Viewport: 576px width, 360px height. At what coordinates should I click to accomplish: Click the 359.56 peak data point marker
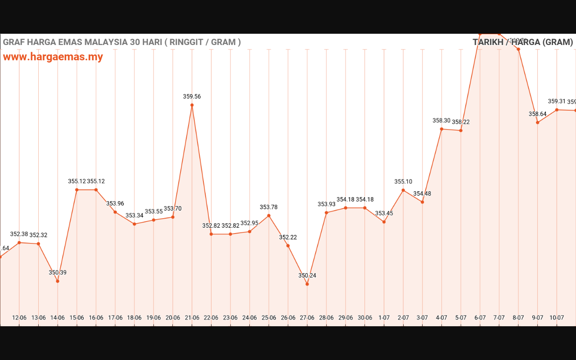pyautogui.click(x=192, y=105)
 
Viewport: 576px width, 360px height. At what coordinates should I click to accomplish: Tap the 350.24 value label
pyautogui.click(x=307, y=275)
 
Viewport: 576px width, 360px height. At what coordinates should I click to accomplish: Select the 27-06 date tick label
pyautogui.click(x=307, y=318)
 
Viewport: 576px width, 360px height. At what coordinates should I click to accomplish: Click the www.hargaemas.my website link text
pyautogui.click(x=53, y=57)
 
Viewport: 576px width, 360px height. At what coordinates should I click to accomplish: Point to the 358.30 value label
pyautogui.click(x=441, y=121)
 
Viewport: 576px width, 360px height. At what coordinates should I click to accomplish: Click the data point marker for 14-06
pyautogui.click(x=58, y=281)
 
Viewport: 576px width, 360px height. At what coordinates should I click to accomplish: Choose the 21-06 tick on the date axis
pyautogui.click(x=192, y=318)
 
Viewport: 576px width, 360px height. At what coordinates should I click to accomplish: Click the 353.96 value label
pyautogui.click(x=115, y=203)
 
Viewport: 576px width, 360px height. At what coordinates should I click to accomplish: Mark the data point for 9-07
pyautogui.click(x=538, y=122)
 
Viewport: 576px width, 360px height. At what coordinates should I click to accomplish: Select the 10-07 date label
pyautogui.click(x=557, y=318)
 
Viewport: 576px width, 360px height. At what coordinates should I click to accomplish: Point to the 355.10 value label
pyautogui.click(x=403, y=182)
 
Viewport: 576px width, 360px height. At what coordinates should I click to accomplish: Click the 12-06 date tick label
pyautogui.click(x=19, y=318)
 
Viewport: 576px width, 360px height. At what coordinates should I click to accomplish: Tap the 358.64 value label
pyautogui.click(x=538, y=114)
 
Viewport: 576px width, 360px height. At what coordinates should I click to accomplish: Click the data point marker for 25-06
pyautogui.click(x=269, y=216)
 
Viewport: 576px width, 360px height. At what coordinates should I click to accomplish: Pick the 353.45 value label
pyautogui.click(x=384, y=213)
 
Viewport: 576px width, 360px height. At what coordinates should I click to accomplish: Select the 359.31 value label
pyautogui.click(x=557, y=101)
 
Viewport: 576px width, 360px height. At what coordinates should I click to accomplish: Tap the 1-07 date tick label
pyautogui.click(x=384, y=318)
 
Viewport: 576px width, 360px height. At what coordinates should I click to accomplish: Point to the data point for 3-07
pyautogui.click(x=422, y=202)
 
